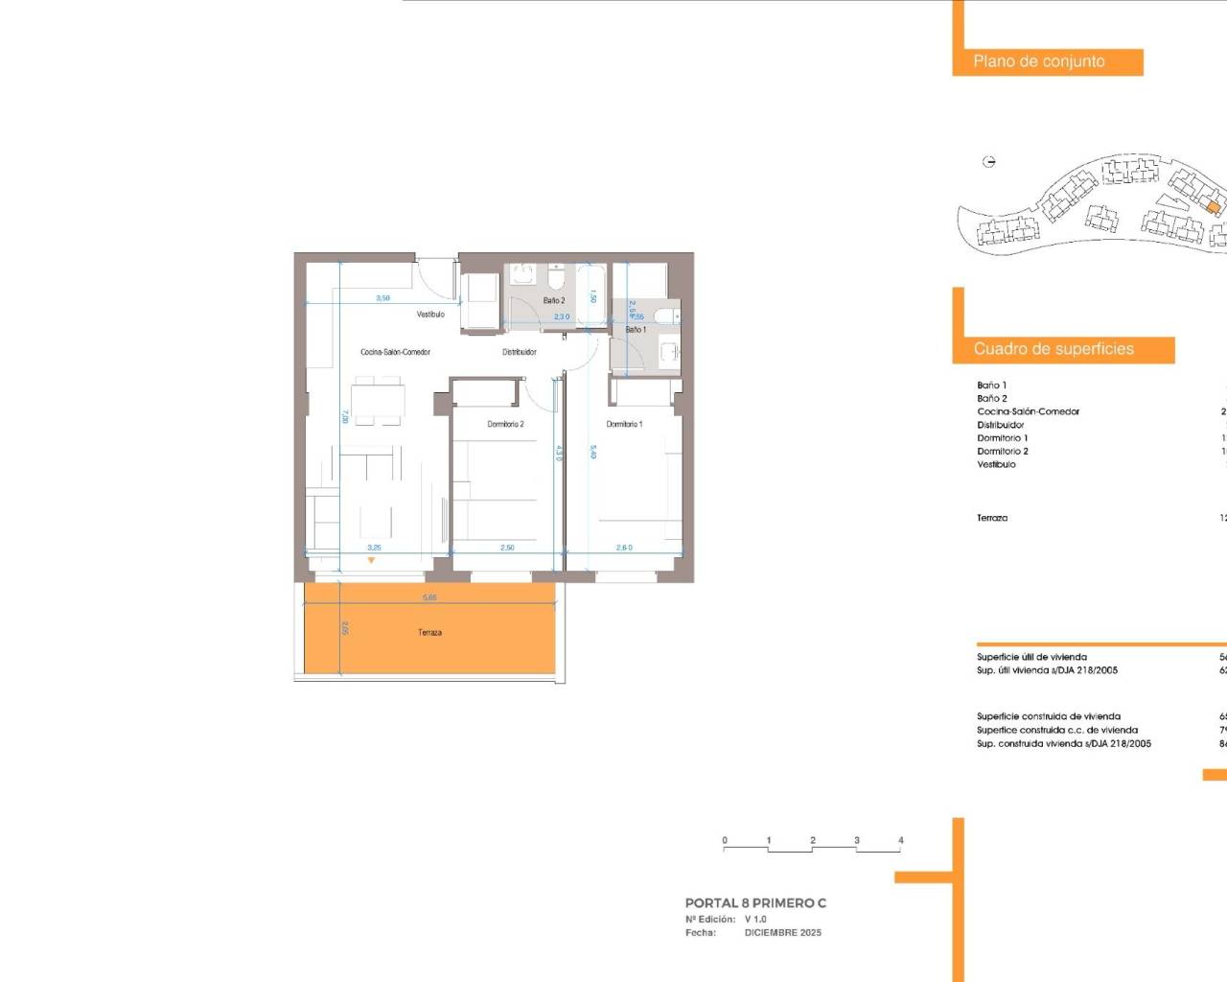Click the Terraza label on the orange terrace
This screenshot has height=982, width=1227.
pos(429,633)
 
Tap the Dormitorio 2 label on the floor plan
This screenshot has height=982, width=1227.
pos(505,424)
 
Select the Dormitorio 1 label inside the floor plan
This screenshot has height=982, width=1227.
pos(624,424)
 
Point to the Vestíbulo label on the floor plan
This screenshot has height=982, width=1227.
pos(430,315)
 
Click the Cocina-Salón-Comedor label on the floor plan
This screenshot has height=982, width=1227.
pos(395,352)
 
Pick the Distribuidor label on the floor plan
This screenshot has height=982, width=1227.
pos(519,352)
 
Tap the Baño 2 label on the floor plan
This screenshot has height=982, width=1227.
pos(554,300)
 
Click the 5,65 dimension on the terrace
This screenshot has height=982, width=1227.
pos(429,597)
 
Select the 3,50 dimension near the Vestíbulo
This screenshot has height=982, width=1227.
pos(382,298)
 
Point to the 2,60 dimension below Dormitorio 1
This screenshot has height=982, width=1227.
pos(624,548)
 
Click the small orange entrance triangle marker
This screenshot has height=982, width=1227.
pos(372,560)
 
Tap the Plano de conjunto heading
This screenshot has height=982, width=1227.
pos(1039,61)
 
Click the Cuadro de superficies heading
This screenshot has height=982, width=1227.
pos(1053,349)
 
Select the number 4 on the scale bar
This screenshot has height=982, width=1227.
pos(900,840)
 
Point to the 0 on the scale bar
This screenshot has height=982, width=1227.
pos(725,840)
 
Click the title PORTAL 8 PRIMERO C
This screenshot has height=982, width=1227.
pos(755,902)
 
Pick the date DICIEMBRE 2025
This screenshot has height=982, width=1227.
pos(782,932)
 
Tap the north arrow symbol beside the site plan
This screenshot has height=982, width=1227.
pos(989,162)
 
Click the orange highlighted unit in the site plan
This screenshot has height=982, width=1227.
pos(1213,207)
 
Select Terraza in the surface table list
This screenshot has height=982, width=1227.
pos(992,518)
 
